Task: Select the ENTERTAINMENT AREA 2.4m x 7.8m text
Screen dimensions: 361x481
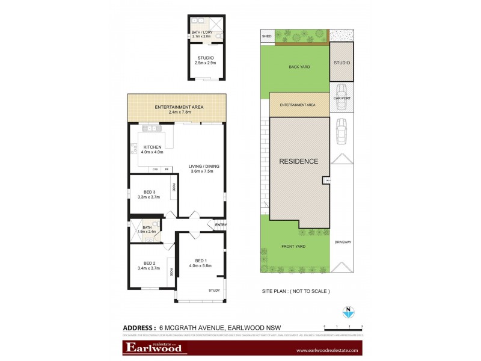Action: click(x=179, y=109)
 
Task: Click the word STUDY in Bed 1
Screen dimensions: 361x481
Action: click(x=214, y=291)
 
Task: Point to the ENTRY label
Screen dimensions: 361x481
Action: click(x=220, y=225)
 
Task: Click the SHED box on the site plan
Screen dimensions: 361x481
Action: click(x=267, y=37)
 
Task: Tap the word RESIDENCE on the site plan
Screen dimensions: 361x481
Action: click(x=298, y=161)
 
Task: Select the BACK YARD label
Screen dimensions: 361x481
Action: click(x=299, y=67)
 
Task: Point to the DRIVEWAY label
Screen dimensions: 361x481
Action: click(x=343, y=242)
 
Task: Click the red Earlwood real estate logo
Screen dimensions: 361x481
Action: click(x=156, y=347)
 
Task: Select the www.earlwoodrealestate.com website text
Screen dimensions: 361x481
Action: click(x=327, y=350)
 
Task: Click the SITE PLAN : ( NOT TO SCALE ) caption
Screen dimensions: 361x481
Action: click(x=296, y=291)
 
